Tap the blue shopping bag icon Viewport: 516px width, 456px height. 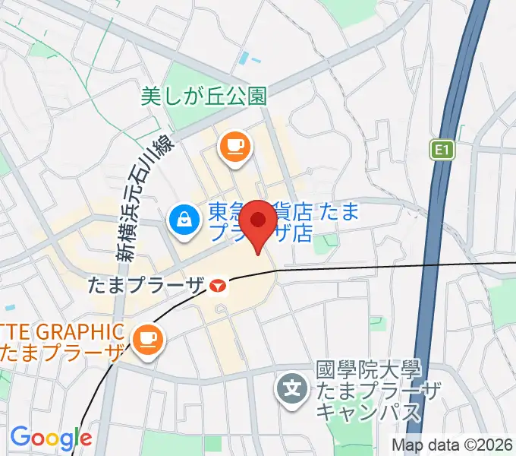click(x=184, y=221)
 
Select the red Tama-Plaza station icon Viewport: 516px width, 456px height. click(x=219, y=287)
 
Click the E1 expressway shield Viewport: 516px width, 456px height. click(x=443, y=150)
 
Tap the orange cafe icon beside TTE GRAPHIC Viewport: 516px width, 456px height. click(x=145, y=335)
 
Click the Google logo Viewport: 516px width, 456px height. click(x=51, y=439)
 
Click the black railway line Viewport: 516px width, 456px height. click(x=379, y=266)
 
